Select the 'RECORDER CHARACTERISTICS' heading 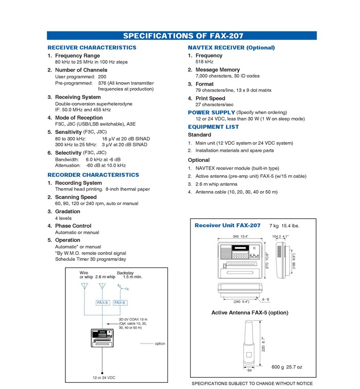pyautogui.click(x=93, y=175)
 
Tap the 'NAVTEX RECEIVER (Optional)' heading pyautogui.click(x=231, y=48)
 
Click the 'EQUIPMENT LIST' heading pyautogui.click(x=213, y=127)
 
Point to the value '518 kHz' pyautogui.click(x=204, y=62)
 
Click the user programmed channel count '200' pyautogui.click(x=102, y=76)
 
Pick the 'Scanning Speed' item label pyautogui.click(x=76, y=197)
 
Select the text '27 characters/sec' pyautogui.click(x=215, y=105)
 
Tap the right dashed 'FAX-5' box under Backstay pyautogui.click(x=121, y=303)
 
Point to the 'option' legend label pyautogui.click(x=160, y=344)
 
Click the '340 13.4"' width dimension pyautogui.click(x=241, y=236)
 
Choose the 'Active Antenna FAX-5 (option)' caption pyautogui.click(x=250, y=313)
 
